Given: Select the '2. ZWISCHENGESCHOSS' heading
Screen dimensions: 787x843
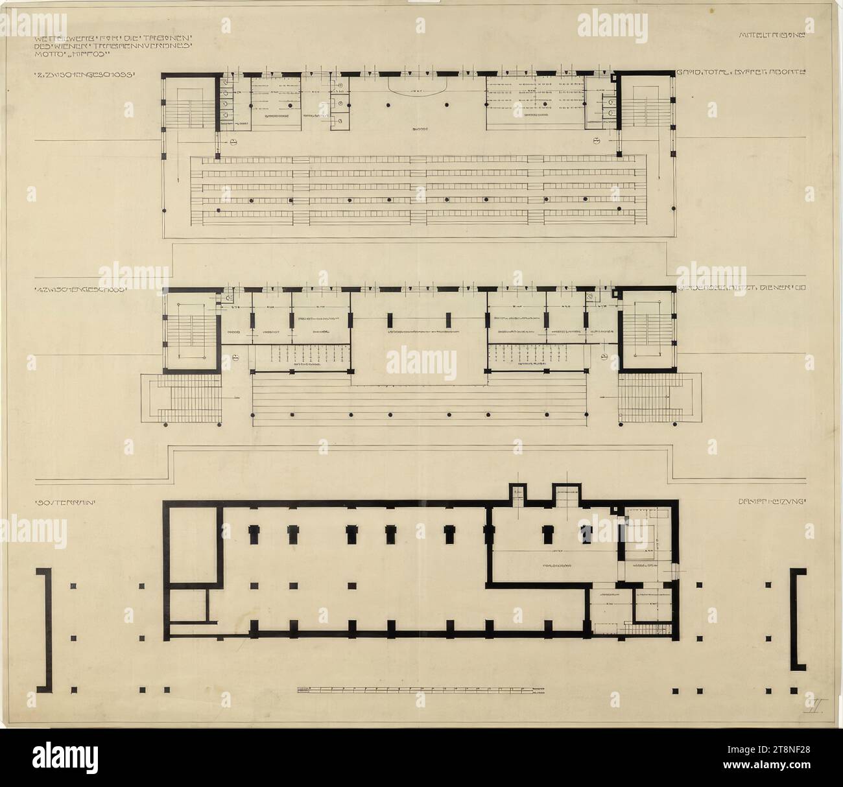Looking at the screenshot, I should (84, 75).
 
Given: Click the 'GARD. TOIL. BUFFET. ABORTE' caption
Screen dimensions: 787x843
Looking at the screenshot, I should (741, 74).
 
